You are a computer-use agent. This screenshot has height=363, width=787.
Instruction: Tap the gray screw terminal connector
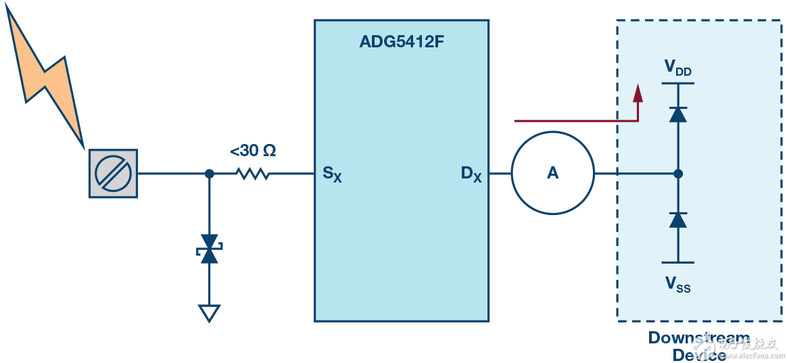click(x=113, y=174)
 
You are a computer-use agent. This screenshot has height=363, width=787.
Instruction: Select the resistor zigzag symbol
click(x=252, y=174)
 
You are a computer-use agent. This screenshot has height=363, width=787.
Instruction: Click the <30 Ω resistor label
click(x=252, y=151)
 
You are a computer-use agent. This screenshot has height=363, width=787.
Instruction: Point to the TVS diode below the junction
click(x=209, y=249)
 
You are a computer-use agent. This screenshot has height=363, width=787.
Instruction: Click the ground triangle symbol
click(x=209, y=313)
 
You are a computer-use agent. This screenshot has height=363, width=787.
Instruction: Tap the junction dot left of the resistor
click(x=209, y=174)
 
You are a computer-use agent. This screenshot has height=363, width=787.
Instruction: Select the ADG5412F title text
click(x=401, y=43)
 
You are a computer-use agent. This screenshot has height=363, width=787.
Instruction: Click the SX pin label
click(x=332, y=174)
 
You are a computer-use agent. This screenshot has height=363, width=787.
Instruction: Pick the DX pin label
click(x=471, y=174)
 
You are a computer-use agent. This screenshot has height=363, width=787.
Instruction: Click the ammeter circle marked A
click(x=552, y=174)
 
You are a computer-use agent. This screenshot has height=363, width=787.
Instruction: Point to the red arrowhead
click(x=637, y=93)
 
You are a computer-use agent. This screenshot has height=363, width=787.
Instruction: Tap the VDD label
click(x=677, y=68)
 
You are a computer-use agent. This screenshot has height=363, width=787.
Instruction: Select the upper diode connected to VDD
click(x=677, y=114)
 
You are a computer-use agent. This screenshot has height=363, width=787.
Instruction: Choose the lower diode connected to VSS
click(x=677, y=219)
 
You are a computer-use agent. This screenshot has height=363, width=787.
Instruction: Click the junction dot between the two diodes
click(x=678, y=174)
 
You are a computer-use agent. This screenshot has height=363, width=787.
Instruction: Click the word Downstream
click(x=698, y=337)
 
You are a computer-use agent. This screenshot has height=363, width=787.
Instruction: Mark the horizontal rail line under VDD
click(x=677, y=83)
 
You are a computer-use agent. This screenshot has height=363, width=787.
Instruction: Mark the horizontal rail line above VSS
click(x=677, y=262)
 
